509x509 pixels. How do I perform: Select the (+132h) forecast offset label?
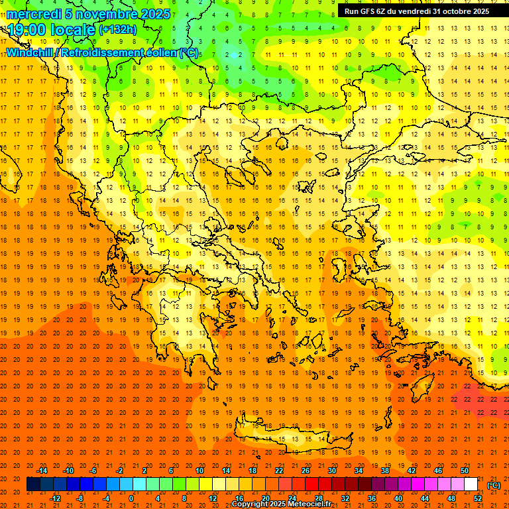pos(118,30)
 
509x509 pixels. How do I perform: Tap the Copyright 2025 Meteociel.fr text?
pos(281,504)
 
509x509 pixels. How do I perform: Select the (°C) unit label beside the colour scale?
pos(494,485)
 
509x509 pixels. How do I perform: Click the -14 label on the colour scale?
pos(42,471)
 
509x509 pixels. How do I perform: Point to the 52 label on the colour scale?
pos(478,498)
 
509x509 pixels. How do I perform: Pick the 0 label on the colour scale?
pos(131,498)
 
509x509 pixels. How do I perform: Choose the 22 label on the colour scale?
pos(279,471)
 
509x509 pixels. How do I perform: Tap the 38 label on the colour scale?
pos(384,471)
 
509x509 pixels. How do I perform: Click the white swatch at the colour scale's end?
pos(471,484)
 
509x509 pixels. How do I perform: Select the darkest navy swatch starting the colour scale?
pos(33,484)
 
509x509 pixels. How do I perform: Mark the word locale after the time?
pos(76,29)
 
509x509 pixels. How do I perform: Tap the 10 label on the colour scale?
pos(199,471)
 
